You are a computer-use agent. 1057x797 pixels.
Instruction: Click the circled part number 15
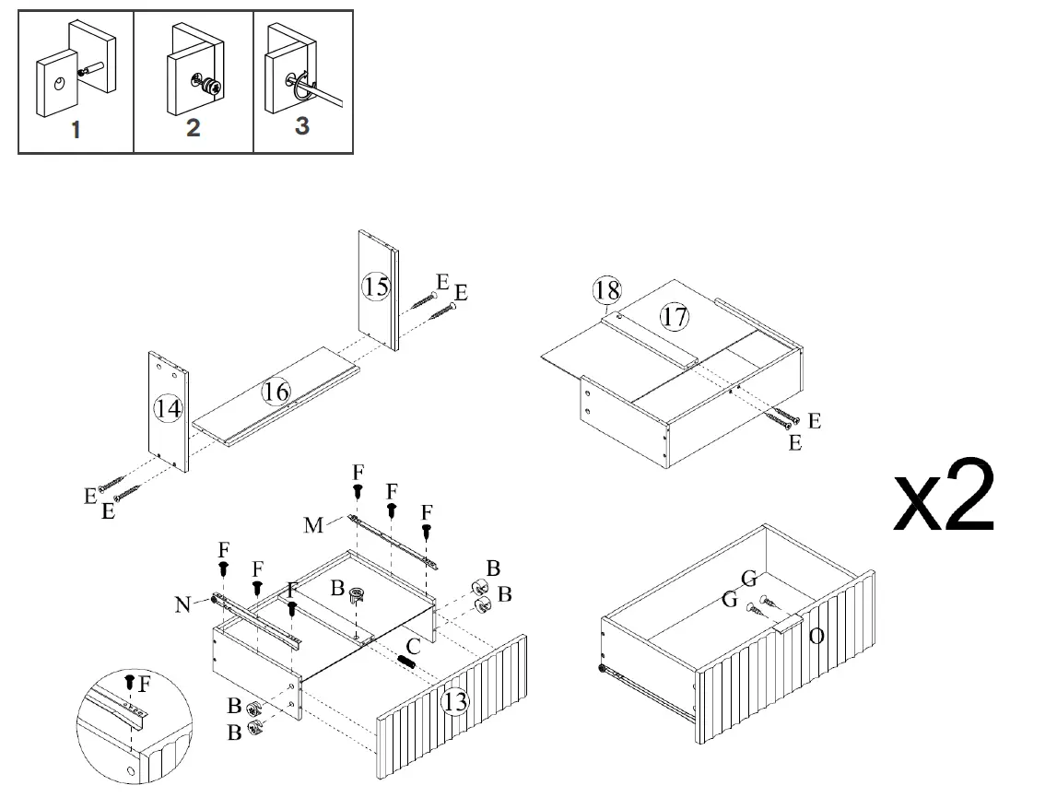coord(375,287)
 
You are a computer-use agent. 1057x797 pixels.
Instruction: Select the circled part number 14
coord(168,408)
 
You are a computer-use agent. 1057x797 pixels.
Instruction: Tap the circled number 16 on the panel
coord(276,392)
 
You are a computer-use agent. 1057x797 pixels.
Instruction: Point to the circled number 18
coord(607,291)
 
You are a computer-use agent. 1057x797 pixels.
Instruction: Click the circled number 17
coord(675,317)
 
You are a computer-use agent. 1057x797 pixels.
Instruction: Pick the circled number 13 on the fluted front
coord(454,702)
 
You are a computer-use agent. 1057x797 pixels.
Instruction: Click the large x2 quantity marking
coord(945,498)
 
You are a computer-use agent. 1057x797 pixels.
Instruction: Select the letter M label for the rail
coord(314,525)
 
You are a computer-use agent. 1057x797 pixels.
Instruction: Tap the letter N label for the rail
coord(184,604)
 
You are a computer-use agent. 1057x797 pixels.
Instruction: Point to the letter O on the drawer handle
coord(816,636)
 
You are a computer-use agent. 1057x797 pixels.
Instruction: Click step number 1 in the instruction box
coord(76,130)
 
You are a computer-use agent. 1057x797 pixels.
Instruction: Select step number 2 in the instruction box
coord(193,127)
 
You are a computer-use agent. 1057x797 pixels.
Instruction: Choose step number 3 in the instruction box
coord(302,126)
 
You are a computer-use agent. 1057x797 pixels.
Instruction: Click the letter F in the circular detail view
coord(144,683)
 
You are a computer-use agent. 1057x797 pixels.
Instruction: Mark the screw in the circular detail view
coord(129,683)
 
